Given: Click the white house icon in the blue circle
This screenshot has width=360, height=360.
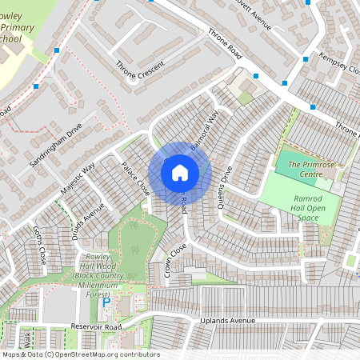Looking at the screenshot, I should point(180,173).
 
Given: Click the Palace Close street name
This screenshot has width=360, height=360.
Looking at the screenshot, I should point(135,178).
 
